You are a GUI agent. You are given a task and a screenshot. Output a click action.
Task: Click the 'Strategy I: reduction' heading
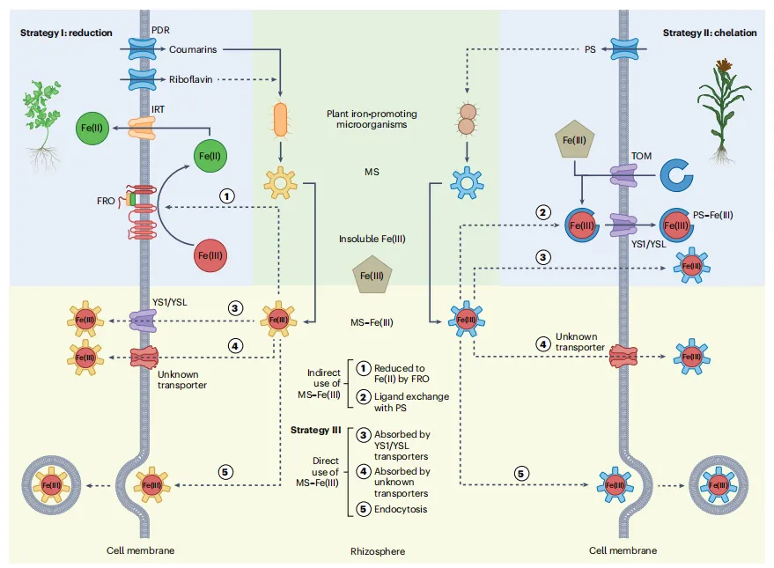tap(66, 33)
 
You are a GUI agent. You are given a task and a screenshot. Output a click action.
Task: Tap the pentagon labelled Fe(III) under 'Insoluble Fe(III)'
tap(370, 276)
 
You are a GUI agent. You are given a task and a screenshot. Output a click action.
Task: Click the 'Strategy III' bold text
tap(316, 429)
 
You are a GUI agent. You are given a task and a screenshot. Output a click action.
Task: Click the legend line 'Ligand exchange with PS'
tap(411, 402)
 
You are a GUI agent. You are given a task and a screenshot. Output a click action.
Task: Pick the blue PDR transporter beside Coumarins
tap(141, 49)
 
